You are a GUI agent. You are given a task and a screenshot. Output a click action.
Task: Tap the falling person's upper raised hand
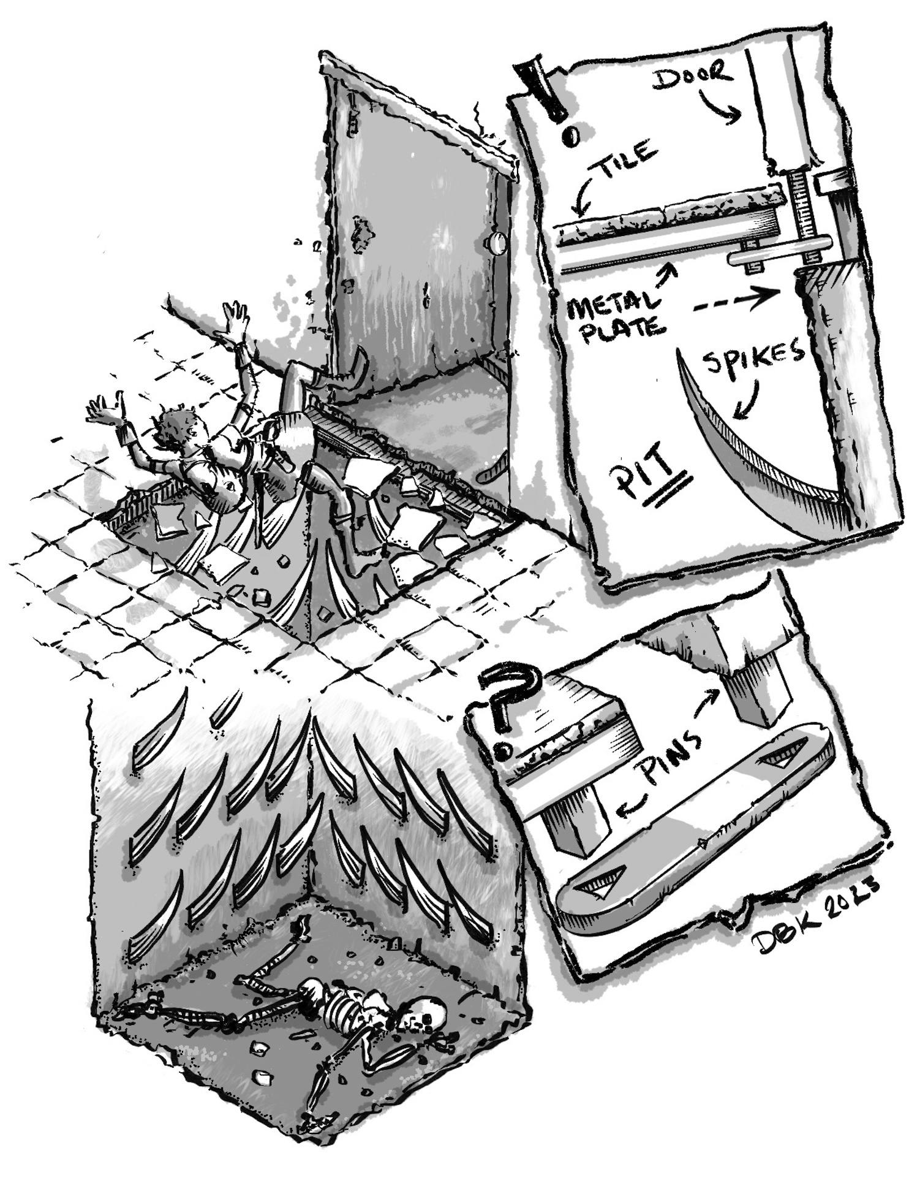235,319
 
